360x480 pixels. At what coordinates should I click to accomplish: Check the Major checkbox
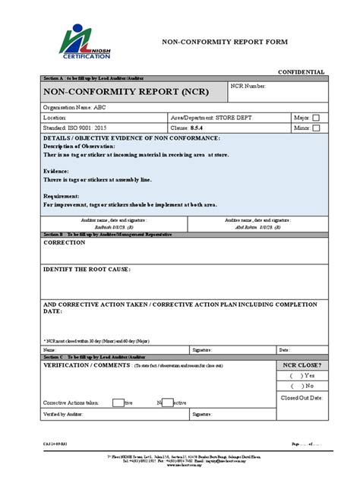coord(316,118)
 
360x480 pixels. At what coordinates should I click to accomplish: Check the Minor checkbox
coord(316,128)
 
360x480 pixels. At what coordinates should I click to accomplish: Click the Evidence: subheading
coord(57,172)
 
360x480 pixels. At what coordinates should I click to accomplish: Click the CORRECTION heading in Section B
coord(65,242)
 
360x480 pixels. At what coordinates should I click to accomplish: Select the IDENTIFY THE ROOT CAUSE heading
coord(87,270)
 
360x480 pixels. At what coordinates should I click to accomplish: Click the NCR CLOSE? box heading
coord(302,365)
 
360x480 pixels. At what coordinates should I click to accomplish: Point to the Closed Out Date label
coord(302,397)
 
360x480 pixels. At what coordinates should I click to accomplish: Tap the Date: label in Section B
coord(284,350)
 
